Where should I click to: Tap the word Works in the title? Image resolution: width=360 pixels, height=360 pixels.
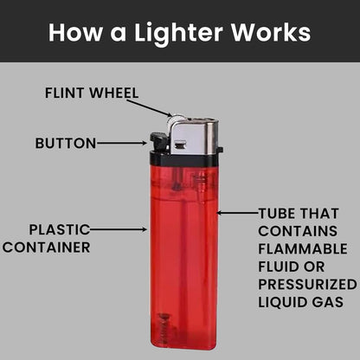tap(268, 32)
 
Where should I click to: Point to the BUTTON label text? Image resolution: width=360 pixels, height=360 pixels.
tap(66, 143)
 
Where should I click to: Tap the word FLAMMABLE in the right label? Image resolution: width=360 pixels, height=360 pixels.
tap(302, 247)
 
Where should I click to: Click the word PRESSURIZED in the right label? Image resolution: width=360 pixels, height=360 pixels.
tap(307, 284)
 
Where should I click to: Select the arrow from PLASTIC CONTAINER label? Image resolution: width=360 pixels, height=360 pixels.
tap(119, 229)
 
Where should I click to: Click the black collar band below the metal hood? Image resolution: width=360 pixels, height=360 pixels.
tap(186, 159)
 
